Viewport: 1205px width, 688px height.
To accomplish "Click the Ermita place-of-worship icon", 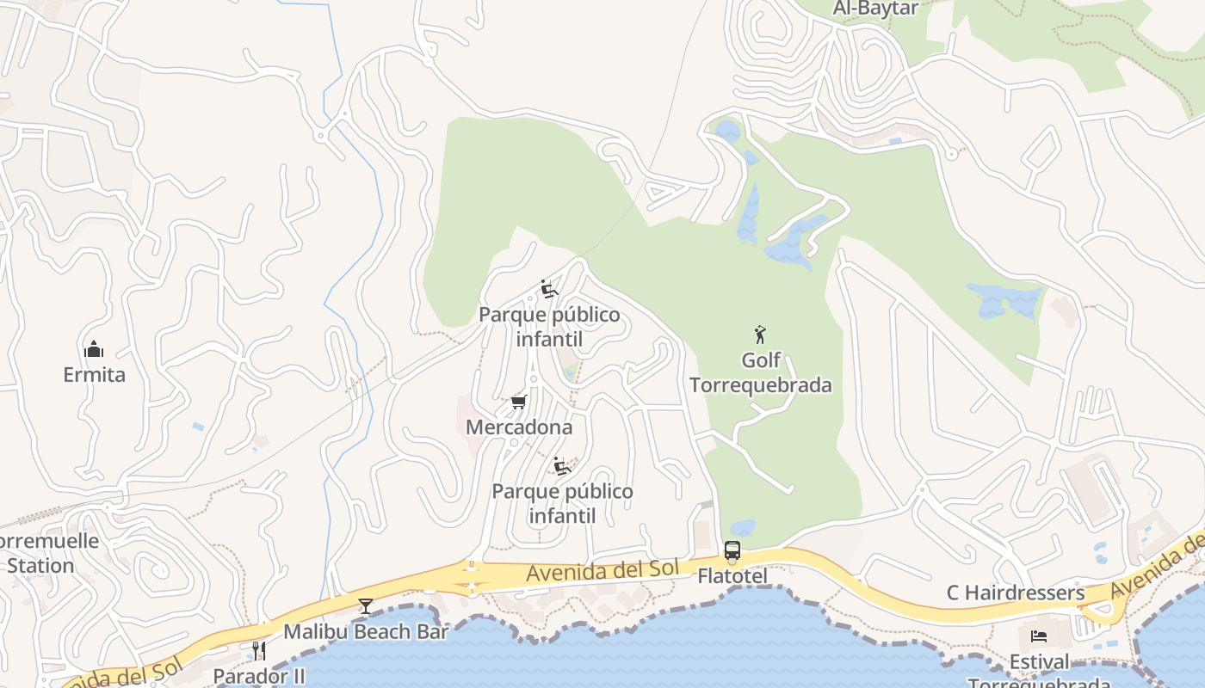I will pos(94,349).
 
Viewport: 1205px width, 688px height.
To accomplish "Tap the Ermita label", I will pos(94,375).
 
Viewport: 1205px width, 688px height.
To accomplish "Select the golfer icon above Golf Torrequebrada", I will pos(759,335).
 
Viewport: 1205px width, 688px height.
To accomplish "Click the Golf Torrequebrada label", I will pos(761,372).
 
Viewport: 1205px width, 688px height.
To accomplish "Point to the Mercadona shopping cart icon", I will pos(518,402).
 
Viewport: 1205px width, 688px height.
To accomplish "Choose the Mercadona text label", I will pos(518,427).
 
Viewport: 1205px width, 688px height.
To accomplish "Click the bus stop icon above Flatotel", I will pos(732,550).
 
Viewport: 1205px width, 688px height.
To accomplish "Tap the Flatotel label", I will pos(732,576).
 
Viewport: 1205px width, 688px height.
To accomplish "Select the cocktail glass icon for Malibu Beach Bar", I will pos(366,606).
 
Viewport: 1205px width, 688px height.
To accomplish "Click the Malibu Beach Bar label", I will pos(366,632).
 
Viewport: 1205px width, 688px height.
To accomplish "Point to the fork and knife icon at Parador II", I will pos(258,651).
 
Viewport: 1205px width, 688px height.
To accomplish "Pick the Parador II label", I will pos(259,677).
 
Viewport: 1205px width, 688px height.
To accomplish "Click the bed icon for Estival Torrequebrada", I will pos(1039,636).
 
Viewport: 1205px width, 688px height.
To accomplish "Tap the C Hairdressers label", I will pos(1016,593).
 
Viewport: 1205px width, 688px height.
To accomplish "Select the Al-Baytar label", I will pos(876,9).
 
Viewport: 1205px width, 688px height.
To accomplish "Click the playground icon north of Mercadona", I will pos(549,289).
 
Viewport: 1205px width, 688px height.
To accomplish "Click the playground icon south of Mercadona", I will pos(562,466).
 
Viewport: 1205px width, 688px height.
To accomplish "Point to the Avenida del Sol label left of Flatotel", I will pos(602,570).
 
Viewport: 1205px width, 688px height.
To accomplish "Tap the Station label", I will pos(40,566).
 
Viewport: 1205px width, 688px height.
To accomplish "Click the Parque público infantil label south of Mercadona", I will pos(562,504).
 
